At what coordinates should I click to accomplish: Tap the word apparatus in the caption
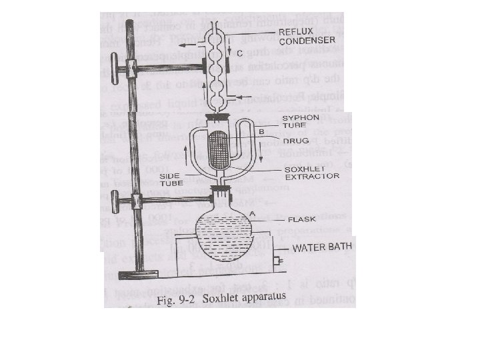tap(260, 296)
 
